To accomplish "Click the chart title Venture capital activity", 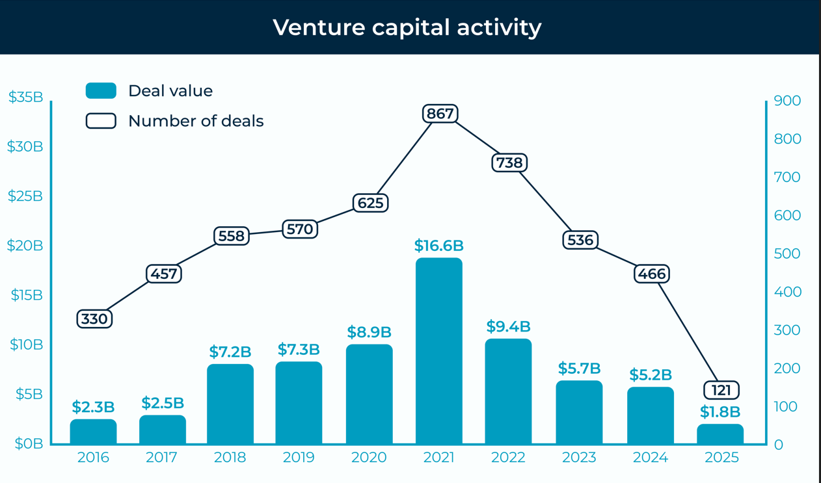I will tap(407, 27).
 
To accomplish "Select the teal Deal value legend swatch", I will tap(101, 90).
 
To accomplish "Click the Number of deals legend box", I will tap(101, 121).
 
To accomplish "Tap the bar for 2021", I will tap(439, 351).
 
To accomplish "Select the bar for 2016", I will tap(94, 432).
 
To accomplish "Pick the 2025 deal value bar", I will tap(720, 434).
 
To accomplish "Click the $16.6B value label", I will tap(439, 246).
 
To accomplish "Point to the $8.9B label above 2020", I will tap(369, 332).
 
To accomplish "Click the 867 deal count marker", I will tap(440, 114).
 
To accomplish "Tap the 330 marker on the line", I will tap(95, 319).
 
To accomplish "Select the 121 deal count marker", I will tap(721, 390).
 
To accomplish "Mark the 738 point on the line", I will tap(509, 163).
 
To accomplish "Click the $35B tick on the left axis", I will tap(25, 98).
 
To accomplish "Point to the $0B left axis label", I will tap(29, 444).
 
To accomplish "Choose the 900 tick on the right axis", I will tap(787, 101).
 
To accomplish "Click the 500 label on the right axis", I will tap(787, 254).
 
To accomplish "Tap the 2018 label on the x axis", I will tap(230, 458).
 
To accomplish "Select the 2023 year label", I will tap(579, 458).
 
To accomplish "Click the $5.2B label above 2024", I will tap(651, 375).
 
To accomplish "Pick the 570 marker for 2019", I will tap(300, 229).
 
